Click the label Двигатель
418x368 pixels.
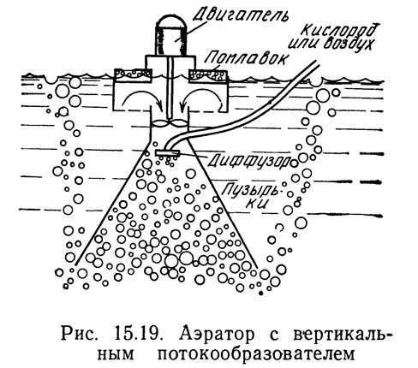point(239,13)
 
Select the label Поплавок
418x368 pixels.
point(246,58)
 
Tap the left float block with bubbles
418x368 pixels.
point(133,75)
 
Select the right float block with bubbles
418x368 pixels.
point(208,76)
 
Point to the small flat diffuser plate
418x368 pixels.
point(167,152)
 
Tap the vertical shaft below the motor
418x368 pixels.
point(170,88)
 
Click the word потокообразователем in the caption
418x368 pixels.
point(256,354)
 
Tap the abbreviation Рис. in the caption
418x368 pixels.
point(81,335)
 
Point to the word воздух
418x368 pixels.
point(349,45)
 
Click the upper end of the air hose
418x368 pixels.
point(316,63)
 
